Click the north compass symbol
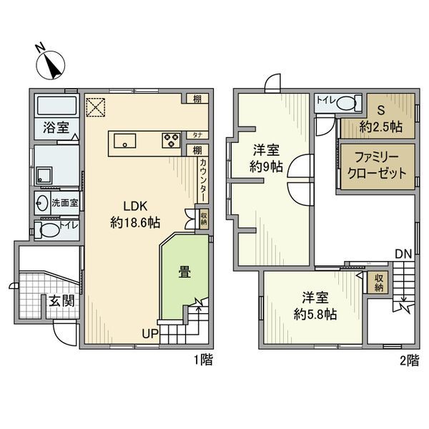(x=51, y=64)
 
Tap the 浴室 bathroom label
(x=55, y=129)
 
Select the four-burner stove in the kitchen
(x=172, y=140)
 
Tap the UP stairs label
(x=148, y=334)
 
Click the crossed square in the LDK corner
(x=96, y=107)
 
